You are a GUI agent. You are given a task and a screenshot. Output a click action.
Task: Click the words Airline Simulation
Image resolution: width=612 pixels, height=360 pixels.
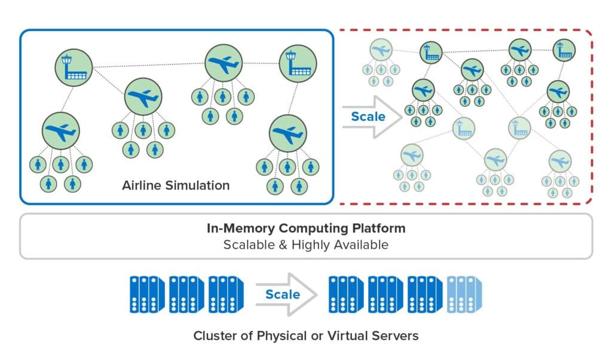[176, 185]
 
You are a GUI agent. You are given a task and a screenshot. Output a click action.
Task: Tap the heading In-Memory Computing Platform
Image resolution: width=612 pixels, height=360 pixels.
[305, 228]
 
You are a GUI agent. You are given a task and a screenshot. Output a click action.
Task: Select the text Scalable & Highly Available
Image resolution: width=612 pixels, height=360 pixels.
[305, 245]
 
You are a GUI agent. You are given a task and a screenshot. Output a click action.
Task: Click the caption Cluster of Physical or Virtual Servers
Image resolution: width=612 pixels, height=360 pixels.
[305, 335]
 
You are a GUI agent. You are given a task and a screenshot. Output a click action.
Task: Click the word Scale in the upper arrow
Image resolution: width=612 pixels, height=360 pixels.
[368, 116]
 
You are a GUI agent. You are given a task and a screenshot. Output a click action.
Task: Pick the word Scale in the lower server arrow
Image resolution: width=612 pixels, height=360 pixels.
[283, 294]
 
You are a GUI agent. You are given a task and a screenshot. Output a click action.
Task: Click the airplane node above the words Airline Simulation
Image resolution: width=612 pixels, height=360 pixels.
[143, 97]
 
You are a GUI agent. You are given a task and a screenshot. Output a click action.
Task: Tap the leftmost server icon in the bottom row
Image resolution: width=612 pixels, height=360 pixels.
[146, 294]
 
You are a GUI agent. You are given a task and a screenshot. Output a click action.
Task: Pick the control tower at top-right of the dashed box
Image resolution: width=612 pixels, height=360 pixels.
[562, 51]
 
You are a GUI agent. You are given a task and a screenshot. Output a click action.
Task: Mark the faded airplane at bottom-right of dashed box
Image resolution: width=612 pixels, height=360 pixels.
[560, 161]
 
